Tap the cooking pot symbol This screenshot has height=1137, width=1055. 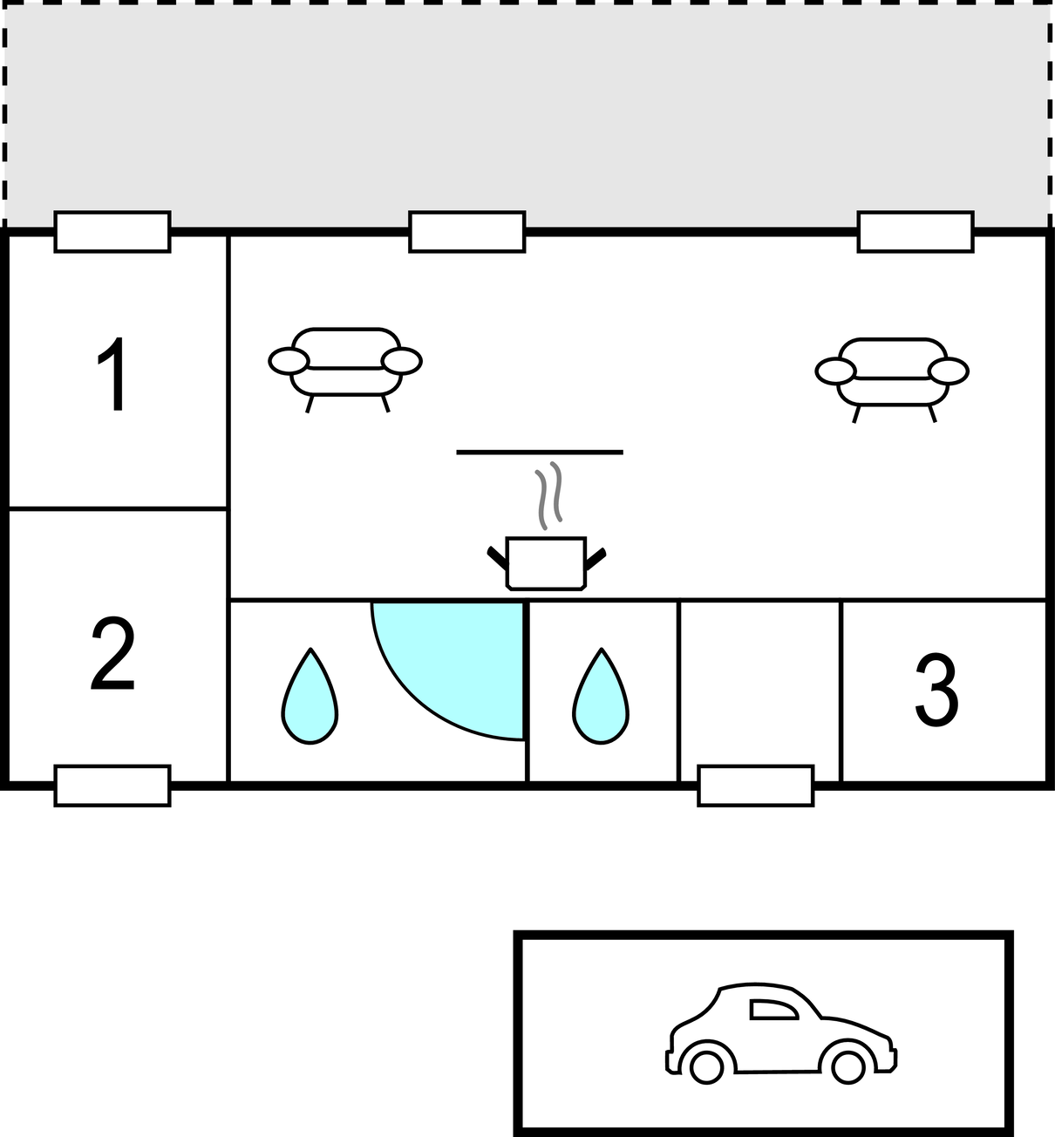coord(546,562)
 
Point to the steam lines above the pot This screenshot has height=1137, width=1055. coord(548,495)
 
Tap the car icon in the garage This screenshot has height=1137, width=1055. coord(781,1034)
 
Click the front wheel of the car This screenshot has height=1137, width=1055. coord(847,1066)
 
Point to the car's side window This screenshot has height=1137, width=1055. coord(773,1010)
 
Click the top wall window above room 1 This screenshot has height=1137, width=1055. coord(112,232)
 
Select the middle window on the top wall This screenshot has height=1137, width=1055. coord(467,232)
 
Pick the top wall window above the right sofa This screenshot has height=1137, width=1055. coord(915,232)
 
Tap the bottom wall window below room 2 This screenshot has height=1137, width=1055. coord(112,786)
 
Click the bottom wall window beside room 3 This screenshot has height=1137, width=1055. coord(756,786)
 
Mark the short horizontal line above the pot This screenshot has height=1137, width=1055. coord(540,453)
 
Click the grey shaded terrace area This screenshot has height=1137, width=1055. coord(527,113)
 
